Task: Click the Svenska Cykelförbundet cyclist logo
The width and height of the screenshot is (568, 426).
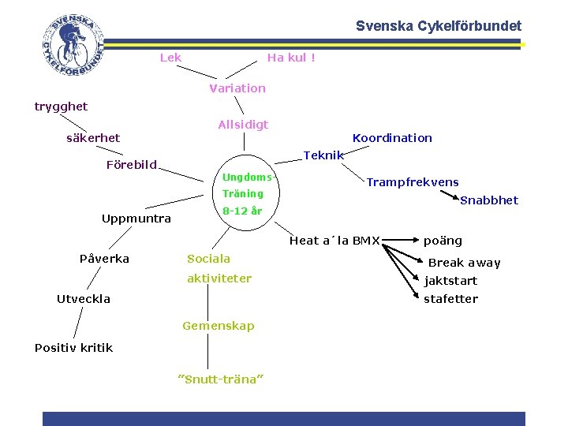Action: (73, 47)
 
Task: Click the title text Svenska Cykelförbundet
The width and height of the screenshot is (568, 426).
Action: (438, 26)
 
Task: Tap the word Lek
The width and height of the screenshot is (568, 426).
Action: (170, 57)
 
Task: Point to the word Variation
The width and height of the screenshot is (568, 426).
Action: (237, 88)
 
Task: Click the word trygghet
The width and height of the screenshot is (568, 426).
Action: (62, 106)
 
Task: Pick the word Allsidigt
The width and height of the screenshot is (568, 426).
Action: (243, 124)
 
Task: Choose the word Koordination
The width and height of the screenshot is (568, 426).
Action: (392, 138)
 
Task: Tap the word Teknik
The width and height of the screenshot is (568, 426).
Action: (323, 155)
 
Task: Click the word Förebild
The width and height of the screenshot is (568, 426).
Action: (132, 165)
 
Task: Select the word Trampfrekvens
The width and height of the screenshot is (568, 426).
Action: (413, 182)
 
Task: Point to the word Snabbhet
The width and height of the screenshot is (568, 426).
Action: (489, 200)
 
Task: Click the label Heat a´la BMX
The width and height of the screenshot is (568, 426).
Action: (335, 241)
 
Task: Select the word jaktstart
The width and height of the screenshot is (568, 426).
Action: (451, 281)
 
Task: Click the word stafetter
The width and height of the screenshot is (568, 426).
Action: (451, 299)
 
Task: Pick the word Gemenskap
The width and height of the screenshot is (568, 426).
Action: (219, 326)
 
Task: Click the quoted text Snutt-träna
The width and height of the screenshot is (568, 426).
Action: (221, 379)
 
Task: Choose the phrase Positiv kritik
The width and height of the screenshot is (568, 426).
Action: (74, 348)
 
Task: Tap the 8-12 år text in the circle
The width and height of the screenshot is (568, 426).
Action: (242, 211)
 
